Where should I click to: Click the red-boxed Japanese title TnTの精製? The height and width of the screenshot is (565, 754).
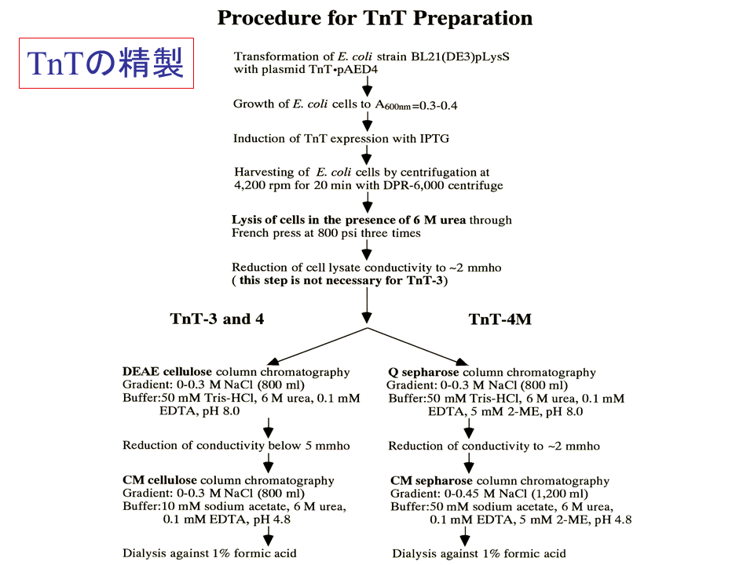click(106, 63)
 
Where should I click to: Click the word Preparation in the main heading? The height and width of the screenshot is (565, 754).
click(473, 18)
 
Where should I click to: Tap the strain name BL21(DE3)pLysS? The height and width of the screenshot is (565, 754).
click(460, 56)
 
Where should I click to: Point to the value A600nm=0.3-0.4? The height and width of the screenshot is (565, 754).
click(416, 104)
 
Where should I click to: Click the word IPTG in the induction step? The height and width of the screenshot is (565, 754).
click(434, 139)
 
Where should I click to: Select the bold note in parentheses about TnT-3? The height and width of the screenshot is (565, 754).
click(340, 281)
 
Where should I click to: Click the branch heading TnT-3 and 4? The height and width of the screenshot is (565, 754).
click(217, 319)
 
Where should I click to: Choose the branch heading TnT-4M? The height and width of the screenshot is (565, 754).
click(500, 319)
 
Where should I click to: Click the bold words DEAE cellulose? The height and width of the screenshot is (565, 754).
click(167, 372)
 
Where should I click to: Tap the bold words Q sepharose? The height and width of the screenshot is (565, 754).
click(423, 372)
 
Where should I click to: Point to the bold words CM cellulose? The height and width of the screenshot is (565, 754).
click(159, 480)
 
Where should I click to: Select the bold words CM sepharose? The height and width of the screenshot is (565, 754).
click(431, 480)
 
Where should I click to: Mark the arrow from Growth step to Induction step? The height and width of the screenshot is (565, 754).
click(367, 122)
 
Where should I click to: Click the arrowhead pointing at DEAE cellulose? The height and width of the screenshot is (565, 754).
click(273, 362)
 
